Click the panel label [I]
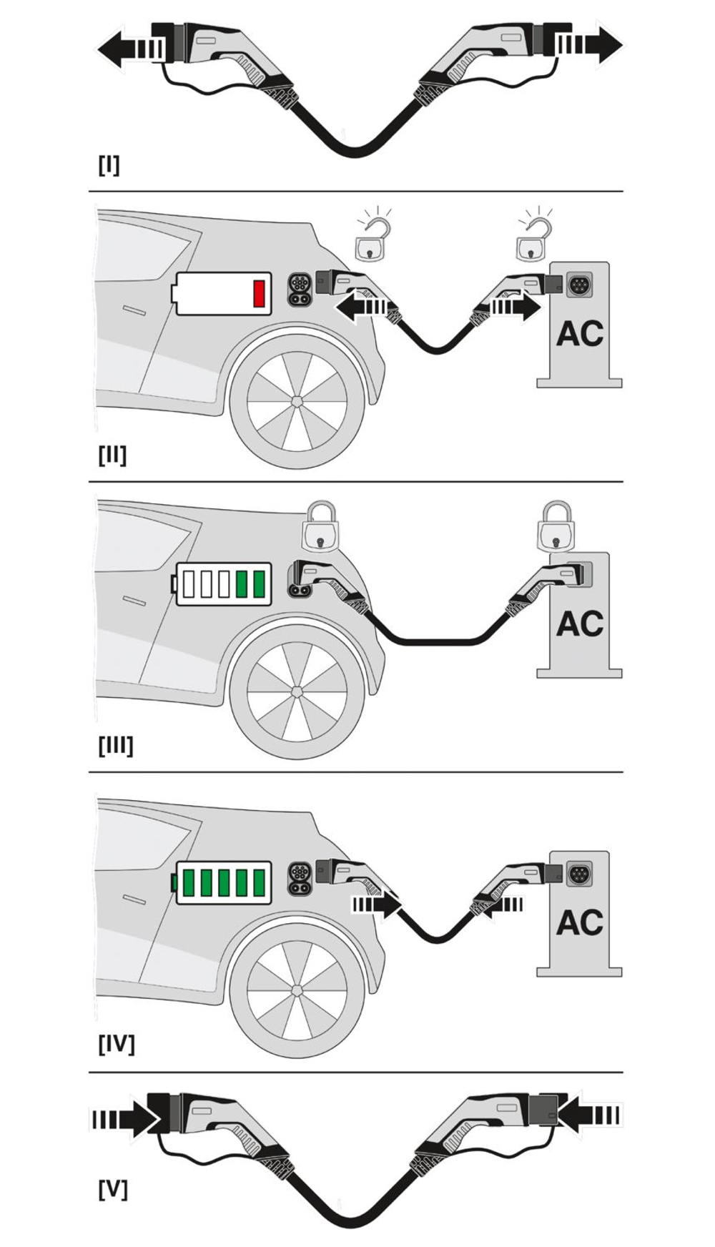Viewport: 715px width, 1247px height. [x=109, y=165]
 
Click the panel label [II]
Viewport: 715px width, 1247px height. [x=112, y=455]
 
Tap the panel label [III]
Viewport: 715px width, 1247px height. [x=116, y=745]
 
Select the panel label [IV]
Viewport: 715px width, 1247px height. [x=116, y=1044]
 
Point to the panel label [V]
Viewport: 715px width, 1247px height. [x=112, y=1190]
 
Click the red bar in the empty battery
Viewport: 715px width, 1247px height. [x=259, y=293]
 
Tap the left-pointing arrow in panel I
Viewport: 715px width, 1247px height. [x=129, y=49]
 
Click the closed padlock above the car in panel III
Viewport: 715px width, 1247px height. [x=320, y=527]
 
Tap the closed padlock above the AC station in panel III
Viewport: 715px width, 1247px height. [x=556, y=527]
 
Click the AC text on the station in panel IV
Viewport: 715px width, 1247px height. [x=579, y=922]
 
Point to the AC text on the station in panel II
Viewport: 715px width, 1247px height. [x=579, y=334]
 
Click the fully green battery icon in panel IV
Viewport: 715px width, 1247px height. [x=224, y=882]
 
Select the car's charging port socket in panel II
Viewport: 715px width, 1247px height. [x=299, y=289]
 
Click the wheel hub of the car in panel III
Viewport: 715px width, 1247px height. [x=297, y=691]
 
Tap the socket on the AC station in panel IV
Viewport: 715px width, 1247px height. [x=579, y=873]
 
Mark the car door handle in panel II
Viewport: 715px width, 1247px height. [x=134, y=310]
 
